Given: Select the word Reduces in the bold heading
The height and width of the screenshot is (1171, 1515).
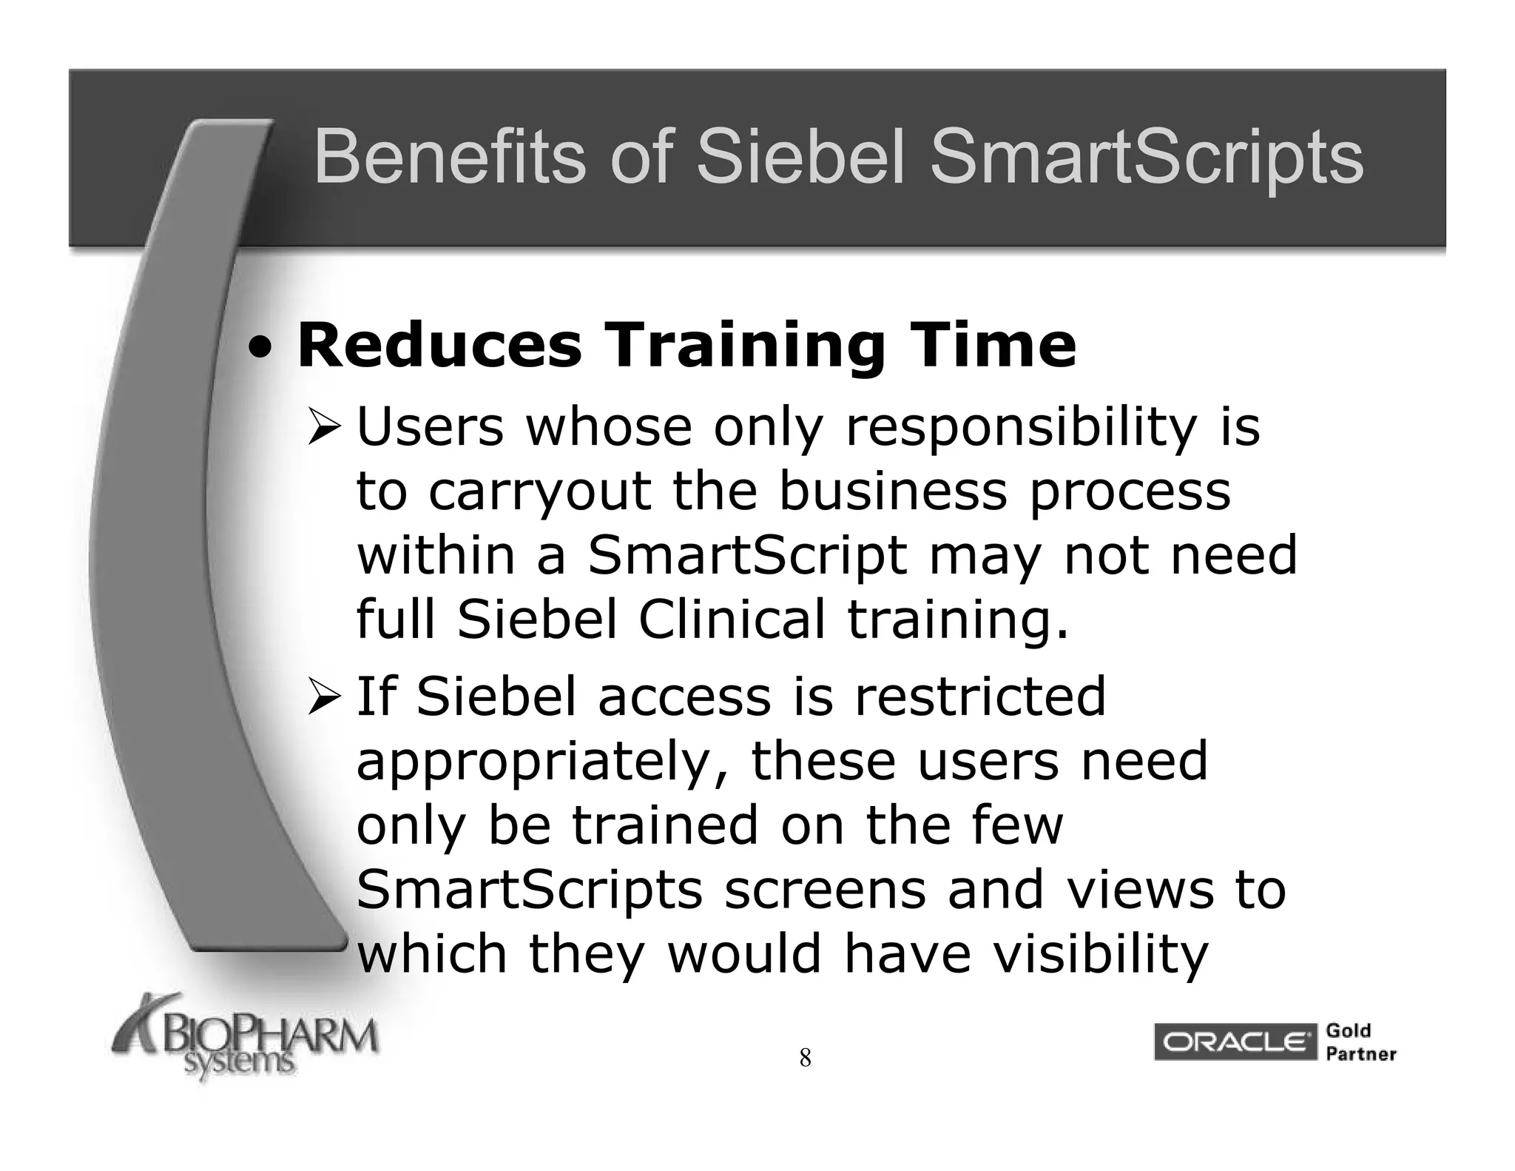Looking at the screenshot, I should (439, 346).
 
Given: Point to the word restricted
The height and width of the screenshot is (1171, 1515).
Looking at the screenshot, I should (980, 697).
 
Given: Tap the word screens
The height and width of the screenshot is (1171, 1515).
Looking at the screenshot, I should (825, 890).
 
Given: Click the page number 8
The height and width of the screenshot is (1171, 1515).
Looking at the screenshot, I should (805, 1058).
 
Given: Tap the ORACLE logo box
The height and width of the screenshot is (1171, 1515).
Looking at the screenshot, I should (1235, 1042).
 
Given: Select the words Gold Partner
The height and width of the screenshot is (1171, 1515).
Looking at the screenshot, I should (1359, 1042).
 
